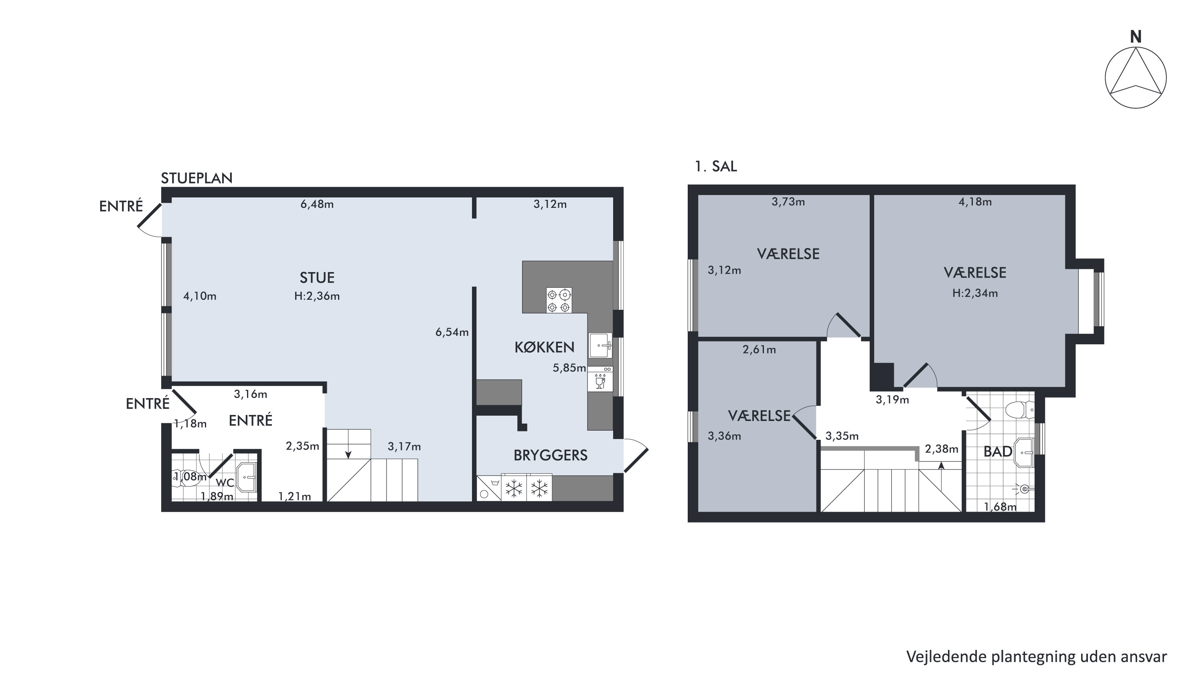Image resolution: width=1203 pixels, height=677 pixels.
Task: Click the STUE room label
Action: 317,278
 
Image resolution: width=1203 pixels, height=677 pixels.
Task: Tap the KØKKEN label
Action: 544,347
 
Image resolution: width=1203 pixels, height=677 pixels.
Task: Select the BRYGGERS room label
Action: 551,455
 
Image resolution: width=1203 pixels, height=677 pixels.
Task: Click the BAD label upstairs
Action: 998,451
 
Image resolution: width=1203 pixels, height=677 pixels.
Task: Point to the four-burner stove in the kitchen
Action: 559,300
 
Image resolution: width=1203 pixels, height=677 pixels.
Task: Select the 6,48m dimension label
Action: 317,204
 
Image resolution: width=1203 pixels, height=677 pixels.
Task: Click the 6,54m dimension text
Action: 452,332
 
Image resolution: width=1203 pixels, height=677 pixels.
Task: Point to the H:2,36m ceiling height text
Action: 317,296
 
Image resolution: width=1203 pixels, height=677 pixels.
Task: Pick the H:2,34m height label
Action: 975,293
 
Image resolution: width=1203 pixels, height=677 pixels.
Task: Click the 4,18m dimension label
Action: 975,202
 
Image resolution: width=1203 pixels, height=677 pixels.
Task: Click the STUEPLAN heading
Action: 196,178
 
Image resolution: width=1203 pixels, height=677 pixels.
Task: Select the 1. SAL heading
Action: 716,166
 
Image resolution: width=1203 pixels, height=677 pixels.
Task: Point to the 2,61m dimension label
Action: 759,350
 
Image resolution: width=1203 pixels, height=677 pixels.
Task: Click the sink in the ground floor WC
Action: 247,477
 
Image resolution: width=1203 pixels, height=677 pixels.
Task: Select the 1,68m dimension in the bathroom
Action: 1000,507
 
